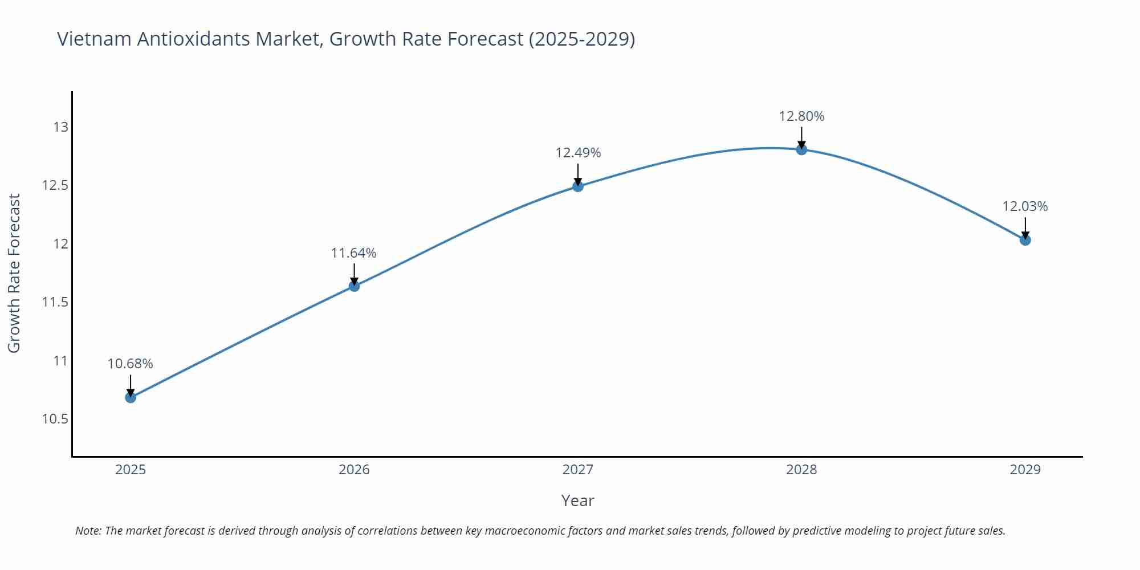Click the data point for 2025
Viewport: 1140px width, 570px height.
tap(131, 397)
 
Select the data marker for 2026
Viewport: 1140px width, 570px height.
tap(354, 286)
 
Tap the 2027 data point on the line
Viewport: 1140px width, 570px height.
tap(578, 186)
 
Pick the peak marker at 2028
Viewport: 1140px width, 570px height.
tap(801, 149)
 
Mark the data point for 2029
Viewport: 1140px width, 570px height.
tap(1025, 240)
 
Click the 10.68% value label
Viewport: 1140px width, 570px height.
tap(131, 364)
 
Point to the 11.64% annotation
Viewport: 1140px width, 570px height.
tap(354, 253)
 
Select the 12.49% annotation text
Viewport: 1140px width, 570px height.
tap(578, 153)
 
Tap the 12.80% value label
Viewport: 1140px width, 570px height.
tap(801, 116)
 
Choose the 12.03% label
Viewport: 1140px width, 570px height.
tap(1025, 206)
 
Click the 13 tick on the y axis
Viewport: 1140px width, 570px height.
tap(60, 127)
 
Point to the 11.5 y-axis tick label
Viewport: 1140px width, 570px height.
tap(55, 302)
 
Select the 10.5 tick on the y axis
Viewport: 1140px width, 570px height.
tap(55, 419)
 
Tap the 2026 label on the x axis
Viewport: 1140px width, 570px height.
tap(354, 470)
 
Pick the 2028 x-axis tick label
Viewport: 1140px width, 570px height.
tap(801, 470)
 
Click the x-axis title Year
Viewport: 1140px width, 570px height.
tap(577, 500)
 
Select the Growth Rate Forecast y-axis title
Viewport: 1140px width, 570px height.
tap(14, 273)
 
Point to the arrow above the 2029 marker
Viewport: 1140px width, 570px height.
tap(1025, 228)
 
